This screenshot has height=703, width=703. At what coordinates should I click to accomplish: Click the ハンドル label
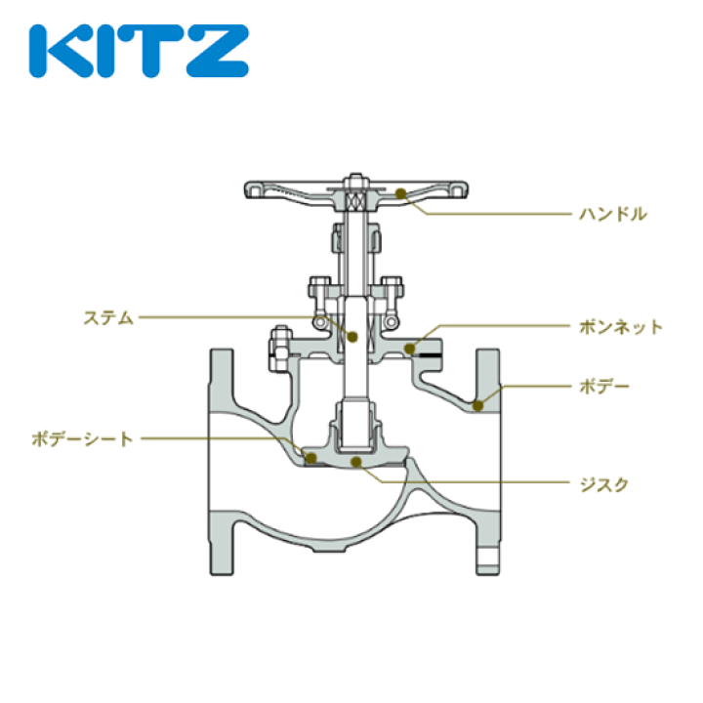pyautogui.click(x=612, y=213)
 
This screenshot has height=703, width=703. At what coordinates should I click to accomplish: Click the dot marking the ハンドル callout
pyautogui.click(x=401, y=193)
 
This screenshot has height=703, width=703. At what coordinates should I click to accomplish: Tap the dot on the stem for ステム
pyautogui.click(x=352, y=336)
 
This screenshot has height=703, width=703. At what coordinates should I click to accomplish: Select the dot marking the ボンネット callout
pyautogui.click(x=412, y=346)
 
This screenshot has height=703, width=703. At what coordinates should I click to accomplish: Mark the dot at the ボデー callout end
pyautogui.click(x=477, y=403)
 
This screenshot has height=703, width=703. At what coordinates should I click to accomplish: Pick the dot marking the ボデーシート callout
pyautogui.click(x=310, y=456)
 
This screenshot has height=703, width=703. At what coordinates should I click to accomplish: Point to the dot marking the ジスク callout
pyautogui.click(x=357, y=461)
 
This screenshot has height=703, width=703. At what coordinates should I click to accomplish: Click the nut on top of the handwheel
pyautogui.click(x=352, y=182)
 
